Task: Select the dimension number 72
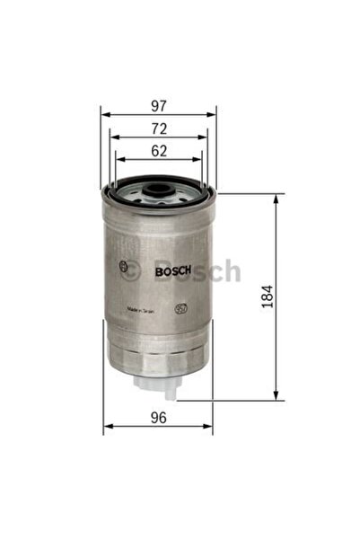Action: click(x=158, y=128)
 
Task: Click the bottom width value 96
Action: click(x=158, y=417)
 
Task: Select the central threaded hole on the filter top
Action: click(x=158, y=190)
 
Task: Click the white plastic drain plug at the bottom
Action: click(x=158, y=384)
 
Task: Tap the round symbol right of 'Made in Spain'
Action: click(x=179, y=307)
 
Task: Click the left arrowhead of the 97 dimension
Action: click(x=103, y=115)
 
